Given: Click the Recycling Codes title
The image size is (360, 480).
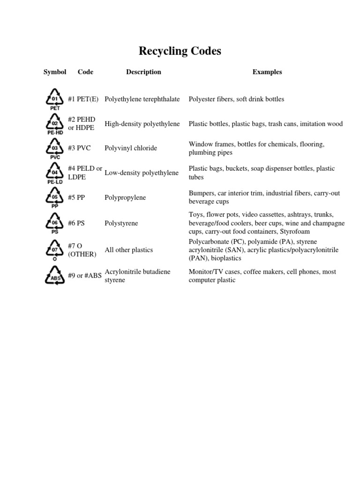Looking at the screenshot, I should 180,51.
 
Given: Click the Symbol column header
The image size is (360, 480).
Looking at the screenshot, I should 55,72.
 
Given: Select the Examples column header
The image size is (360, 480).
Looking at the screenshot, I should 267,72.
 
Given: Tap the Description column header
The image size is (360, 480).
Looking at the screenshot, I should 143,72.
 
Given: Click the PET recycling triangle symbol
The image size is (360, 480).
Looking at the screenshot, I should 55,99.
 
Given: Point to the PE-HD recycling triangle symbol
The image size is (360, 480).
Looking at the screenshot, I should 55,124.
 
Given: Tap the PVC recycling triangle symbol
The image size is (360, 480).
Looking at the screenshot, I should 55,148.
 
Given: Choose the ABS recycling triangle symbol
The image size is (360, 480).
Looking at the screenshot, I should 55,276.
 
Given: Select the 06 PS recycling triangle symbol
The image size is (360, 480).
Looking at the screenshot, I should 55,223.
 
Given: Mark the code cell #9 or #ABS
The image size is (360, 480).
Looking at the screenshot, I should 85,276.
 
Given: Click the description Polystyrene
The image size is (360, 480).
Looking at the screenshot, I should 121,223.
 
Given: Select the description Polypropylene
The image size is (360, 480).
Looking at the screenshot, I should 125,197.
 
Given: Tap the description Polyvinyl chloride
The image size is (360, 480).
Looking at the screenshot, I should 131,148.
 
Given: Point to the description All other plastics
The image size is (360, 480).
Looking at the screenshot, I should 129,250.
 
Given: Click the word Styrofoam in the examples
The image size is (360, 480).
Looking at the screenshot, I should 295,232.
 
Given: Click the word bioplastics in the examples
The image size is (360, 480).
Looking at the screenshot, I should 226,258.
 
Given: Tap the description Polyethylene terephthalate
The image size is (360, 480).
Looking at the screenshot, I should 142,99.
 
